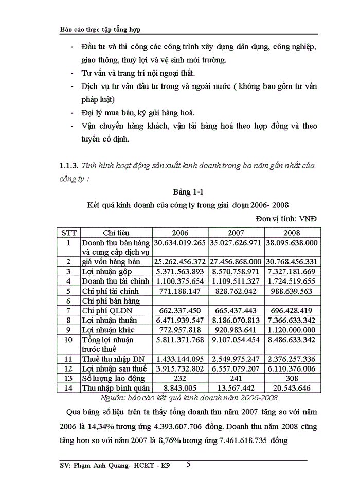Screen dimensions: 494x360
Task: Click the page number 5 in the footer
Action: [x=188, y=464]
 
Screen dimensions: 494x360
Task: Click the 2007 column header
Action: [x=235, y=232]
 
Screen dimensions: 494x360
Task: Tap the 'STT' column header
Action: [x=68, y=232]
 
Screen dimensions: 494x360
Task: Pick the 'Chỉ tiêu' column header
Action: [x=116, y=232]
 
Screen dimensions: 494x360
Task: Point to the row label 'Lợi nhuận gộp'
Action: [x=107, y=271]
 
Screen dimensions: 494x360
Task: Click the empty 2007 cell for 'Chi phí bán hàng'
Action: [x=235, y=301]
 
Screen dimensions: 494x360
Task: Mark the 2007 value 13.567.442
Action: [x=235, y=388]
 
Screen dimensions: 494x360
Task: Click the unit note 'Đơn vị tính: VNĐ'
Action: [x=286, y=218]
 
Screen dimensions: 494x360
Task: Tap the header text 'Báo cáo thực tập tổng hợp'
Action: [x=100, y=30]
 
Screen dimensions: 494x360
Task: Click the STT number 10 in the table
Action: [x=68, y=340]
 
